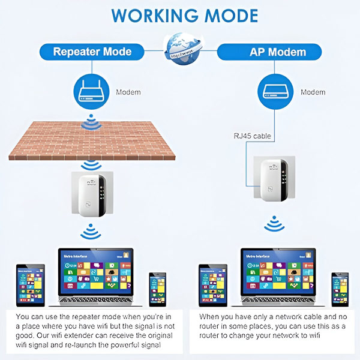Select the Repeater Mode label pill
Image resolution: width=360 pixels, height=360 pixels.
[x=92, y=51]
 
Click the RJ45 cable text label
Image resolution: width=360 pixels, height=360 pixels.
[x=253, y=136]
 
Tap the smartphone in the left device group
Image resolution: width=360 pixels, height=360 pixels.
[x=157, y=287]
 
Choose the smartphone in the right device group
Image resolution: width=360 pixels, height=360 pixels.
[x=340, y=287]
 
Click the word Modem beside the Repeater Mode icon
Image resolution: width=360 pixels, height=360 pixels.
[x=128, y=92]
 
